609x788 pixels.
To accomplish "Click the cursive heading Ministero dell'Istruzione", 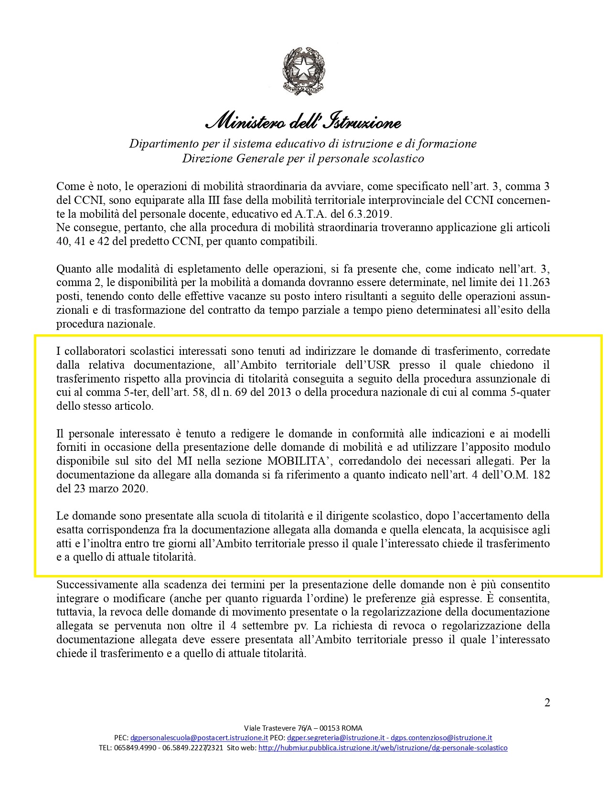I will [303, 123].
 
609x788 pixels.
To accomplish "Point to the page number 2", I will [547, 703].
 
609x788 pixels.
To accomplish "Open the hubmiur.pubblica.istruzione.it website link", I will [383, 748].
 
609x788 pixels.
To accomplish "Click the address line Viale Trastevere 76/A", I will [303, 728].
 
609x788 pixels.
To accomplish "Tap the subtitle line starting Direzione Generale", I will [303, 158].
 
